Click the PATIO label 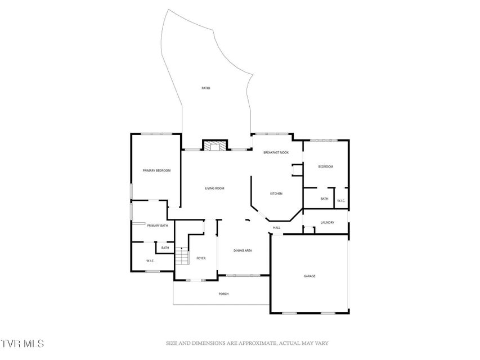tap(206, 88)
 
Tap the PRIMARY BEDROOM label tap(156, 170)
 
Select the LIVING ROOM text tap(214, 188)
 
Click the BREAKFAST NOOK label tap(276, 152)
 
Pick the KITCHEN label tap(276, 193)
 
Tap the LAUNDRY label tap(328, 223)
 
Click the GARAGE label tap(309, 276)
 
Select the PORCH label tap(223, 294)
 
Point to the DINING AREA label tap(243, 251)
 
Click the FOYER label tap(201, 258)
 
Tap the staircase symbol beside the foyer tap(182, 256)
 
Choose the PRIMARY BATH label tap(158, 226)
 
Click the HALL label tap(277, 228)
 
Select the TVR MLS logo tap(22, 343)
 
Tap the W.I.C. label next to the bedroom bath tap(341, 201)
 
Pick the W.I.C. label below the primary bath tap(150, 261)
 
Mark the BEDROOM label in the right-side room tap(326, 167)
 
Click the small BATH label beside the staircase tap(165, 248)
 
